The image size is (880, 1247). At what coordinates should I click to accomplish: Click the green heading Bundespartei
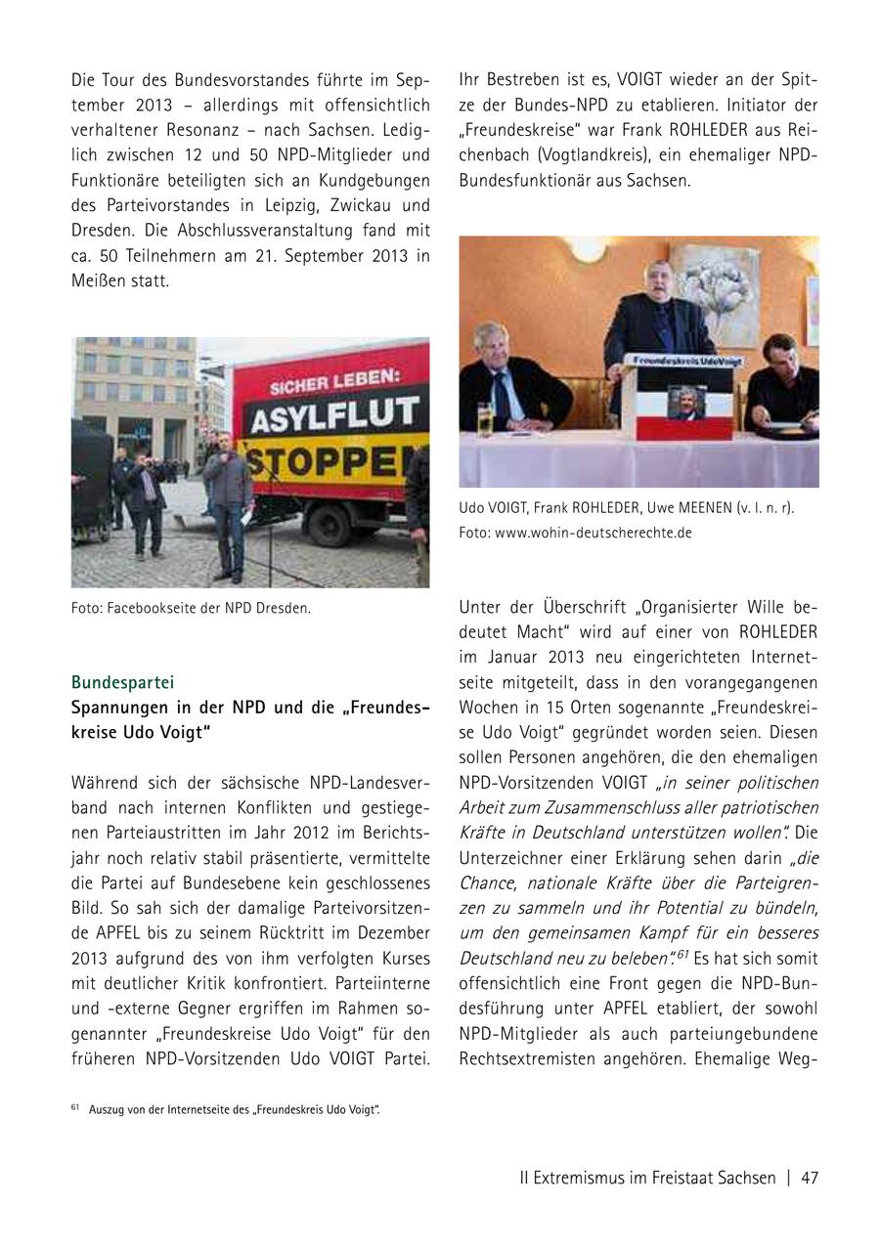pos(122,681)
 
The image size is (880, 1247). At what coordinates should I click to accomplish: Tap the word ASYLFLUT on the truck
pos(334,416)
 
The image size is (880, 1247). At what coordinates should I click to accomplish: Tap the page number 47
pos(809,1178)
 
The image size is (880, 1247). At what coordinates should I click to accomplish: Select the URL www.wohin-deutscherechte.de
pos(594,533)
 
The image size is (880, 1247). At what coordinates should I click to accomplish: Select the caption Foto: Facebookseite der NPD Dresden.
pos(191,608)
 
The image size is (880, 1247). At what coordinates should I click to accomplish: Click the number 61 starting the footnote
pos(75,1107)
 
